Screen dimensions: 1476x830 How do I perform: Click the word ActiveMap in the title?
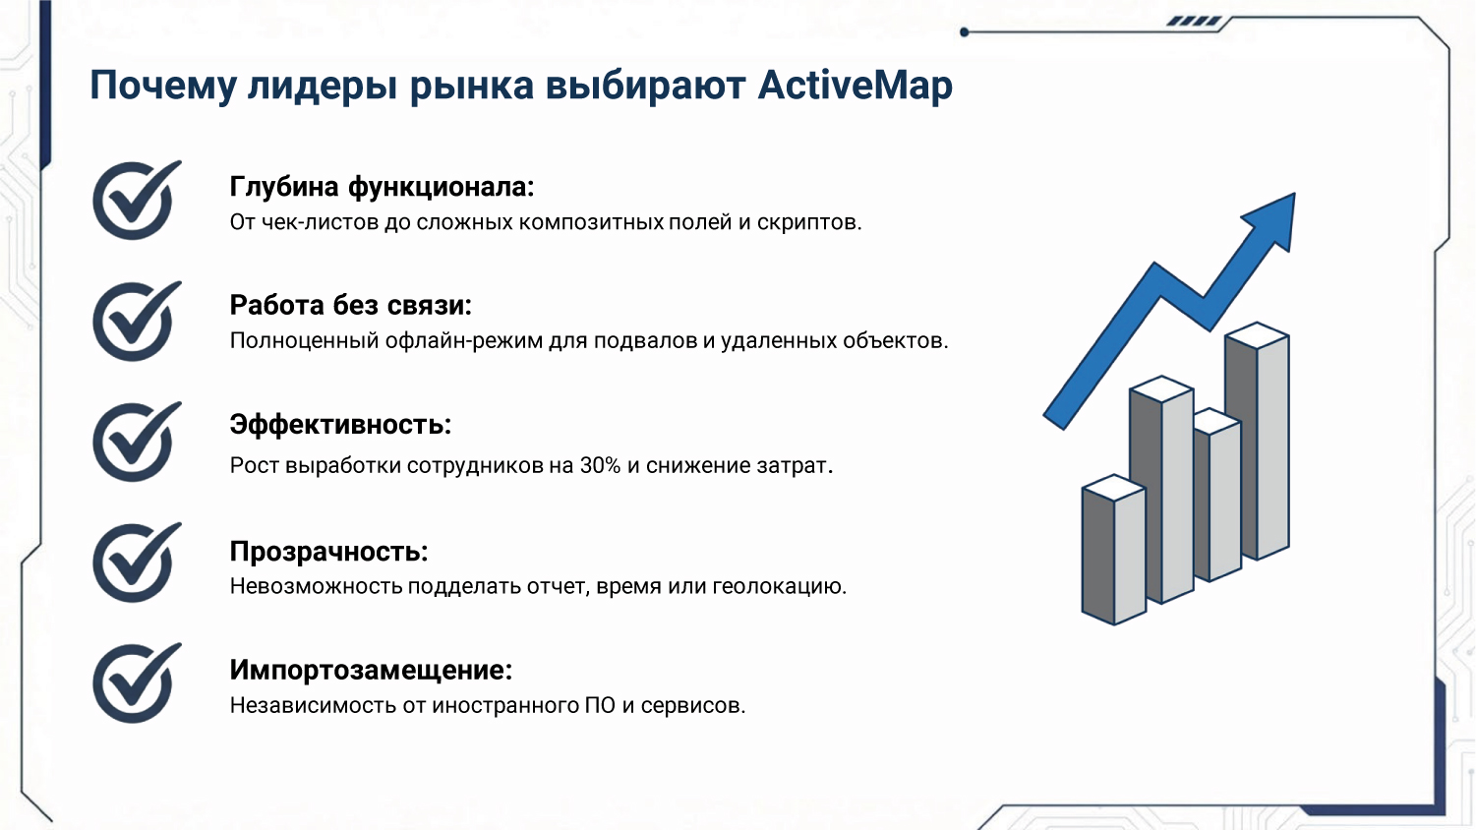point(855,86)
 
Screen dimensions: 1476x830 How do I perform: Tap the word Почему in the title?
point(162,86)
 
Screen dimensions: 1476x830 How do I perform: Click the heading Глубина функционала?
point(382,187)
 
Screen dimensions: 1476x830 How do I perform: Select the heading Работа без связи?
point(350,305)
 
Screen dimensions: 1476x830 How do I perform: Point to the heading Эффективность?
point(340,425)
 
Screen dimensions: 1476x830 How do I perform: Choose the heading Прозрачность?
point(328,552)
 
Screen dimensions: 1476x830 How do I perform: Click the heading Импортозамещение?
point(371,670)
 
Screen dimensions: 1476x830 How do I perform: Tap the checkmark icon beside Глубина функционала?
point(137,200)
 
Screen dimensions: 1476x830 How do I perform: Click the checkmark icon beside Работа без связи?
point(137,321)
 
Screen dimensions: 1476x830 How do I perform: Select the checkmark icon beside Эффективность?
point(137,442)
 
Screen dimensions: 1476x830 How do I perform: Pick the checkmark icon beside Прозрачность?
point(137,562)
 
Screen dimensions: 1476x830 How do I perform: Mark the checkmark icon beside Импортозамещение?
point(137,682)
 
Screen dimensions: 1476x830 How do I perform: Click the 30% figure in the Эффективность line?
point(600,466)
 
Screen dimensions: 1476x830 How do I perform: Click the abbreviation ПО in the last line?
point(600,705)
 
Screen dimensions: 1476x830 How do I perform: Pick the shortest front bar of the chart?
point(1113,550)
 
